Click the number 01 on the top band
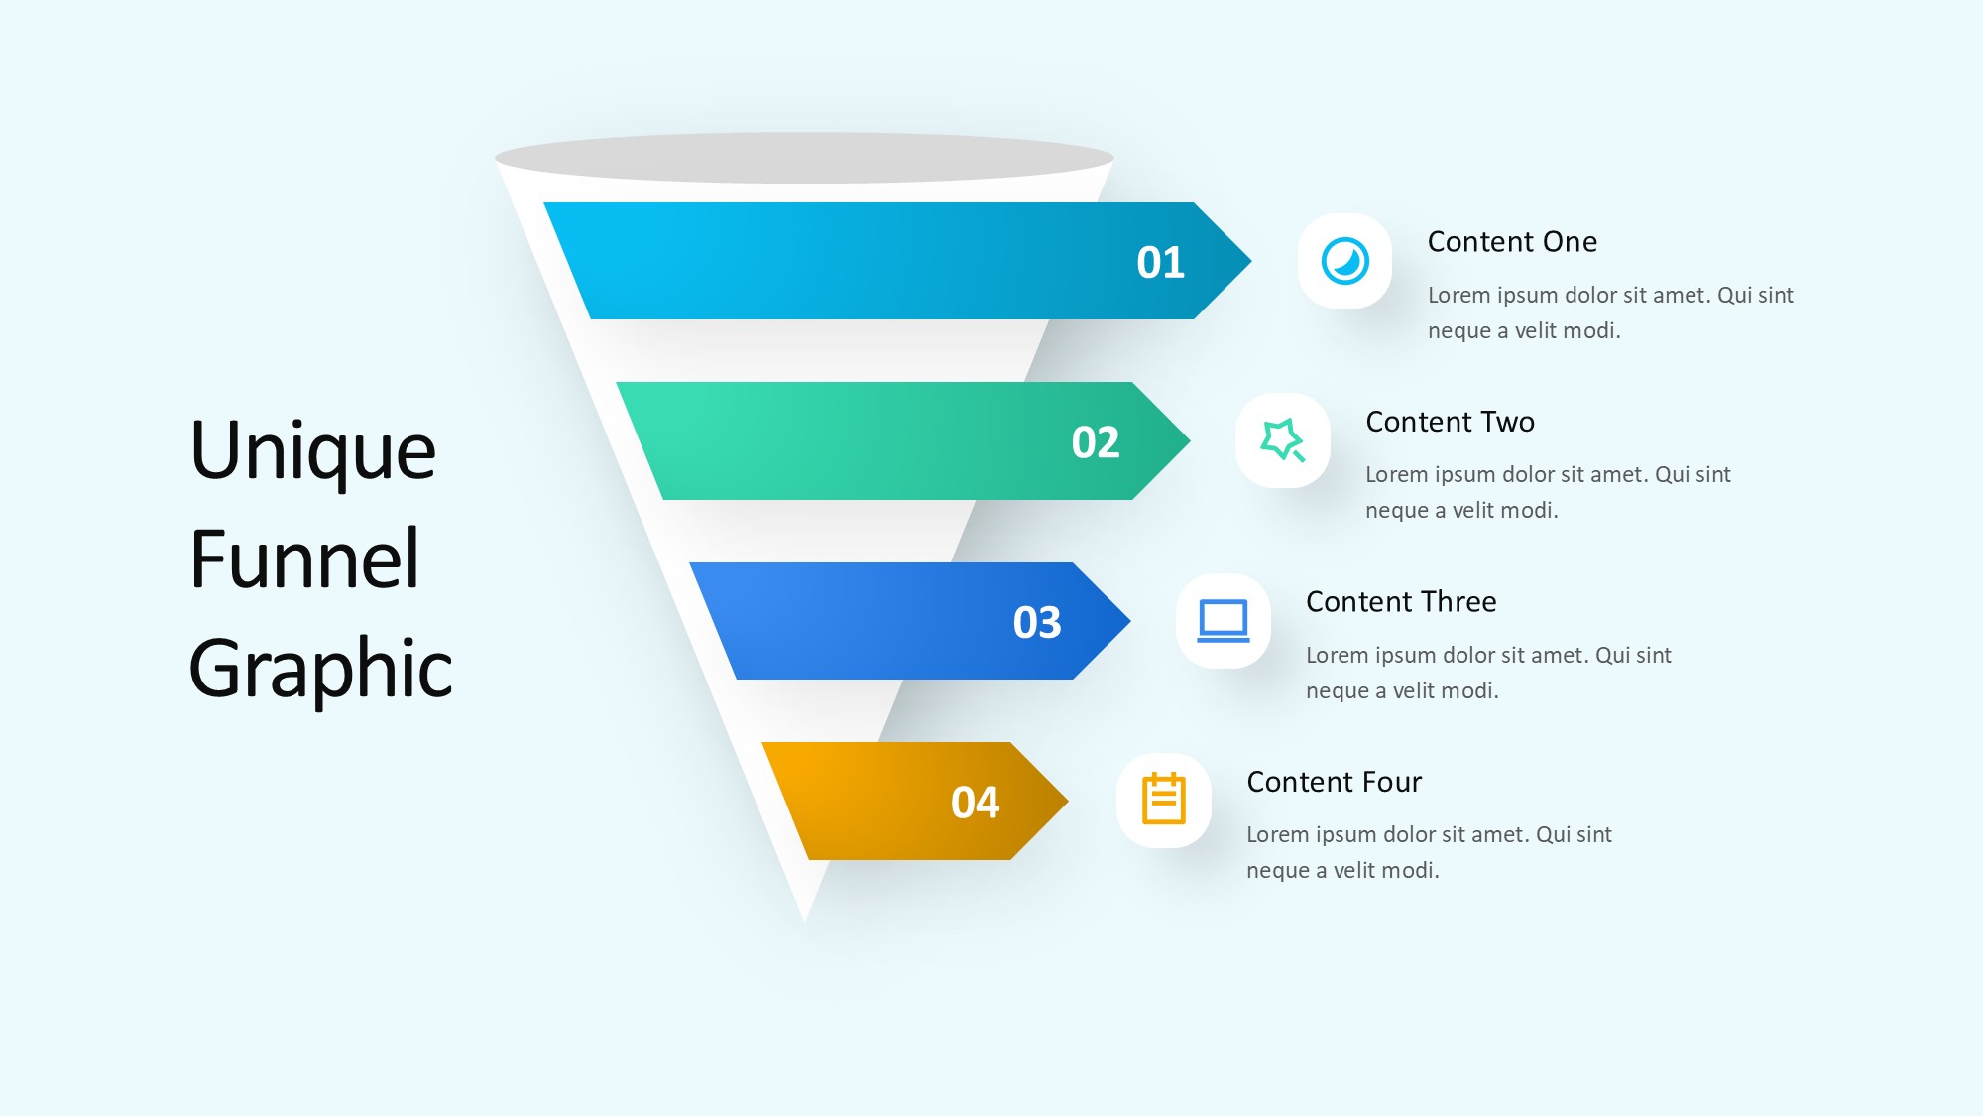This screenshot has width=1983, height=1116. pyautogui.click(x=1160, y=262)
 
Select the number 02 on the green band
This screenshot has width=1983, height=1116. pyautogui.click(x=1096, y=442)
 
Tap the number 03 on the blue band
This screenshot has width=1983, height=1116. pyautogui.click(x=1037, y=623)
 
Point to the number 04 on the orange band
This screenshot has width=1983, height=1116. pyautogui.click(x=975, y=803)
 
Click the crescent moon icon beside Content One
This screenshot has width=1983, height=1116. pyautogui.click(x=1345, y=262)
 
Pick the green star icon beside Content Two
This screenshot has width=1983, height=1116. pyautogui.click(x=1282, y=440)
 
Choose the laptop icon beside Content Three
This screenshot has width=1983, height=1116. pyautogui.click(x=1224, y=621)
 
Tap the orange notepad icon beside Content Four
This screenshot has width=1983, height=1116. pyautogui.click(x=1164, y=799)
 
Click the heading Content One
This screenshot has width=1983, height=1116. pyautogui.click(x=1512, y=242)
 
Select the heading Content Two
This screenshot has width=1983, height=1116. pyautogui.click(x=1450, y=422)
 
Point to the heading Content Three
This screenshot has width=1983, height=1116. pyautogui.click(x=1401, y=602)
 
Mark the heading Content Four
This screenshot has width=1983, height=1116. pyautogui.click(x=1334, y=782)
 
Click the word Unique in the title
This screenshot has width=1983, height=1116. pyautogui.click(x=312, y=452)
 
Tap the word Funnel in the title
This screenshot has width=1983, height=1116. pyautogui.click(x=304, y=558)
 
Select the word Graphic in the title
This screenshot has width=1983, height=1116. pyautogui.click(x=320, y=668)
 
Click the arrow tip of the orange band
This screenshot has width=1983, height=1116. pyautogui.click(x=1068, y=801)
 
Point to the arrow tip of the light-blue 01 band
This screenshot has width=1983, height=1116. pyautogui.click(x=1251, y=261)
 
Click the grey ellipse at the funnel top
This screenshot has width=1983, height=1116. pyautogui.click(x=804, y=158)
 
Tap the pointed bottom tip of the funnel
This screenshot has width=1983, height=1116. pyautogui.click(x=805, y=921)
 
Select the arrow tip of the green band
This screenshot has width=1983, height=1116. pyautogui.click(x=1190, y=440)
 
